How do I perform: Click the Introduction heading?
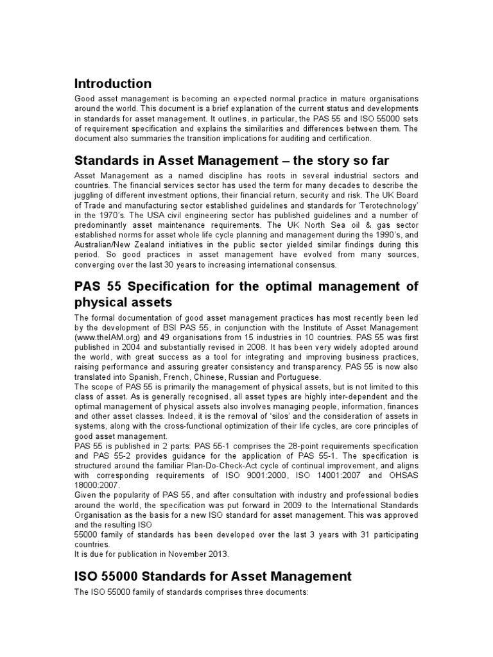click(x=113, y=83)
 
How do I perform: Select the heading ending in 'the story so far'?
click(x=232, y=160)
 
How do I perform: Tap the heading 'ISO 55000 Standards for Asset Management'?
click(x=213, y=576)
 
